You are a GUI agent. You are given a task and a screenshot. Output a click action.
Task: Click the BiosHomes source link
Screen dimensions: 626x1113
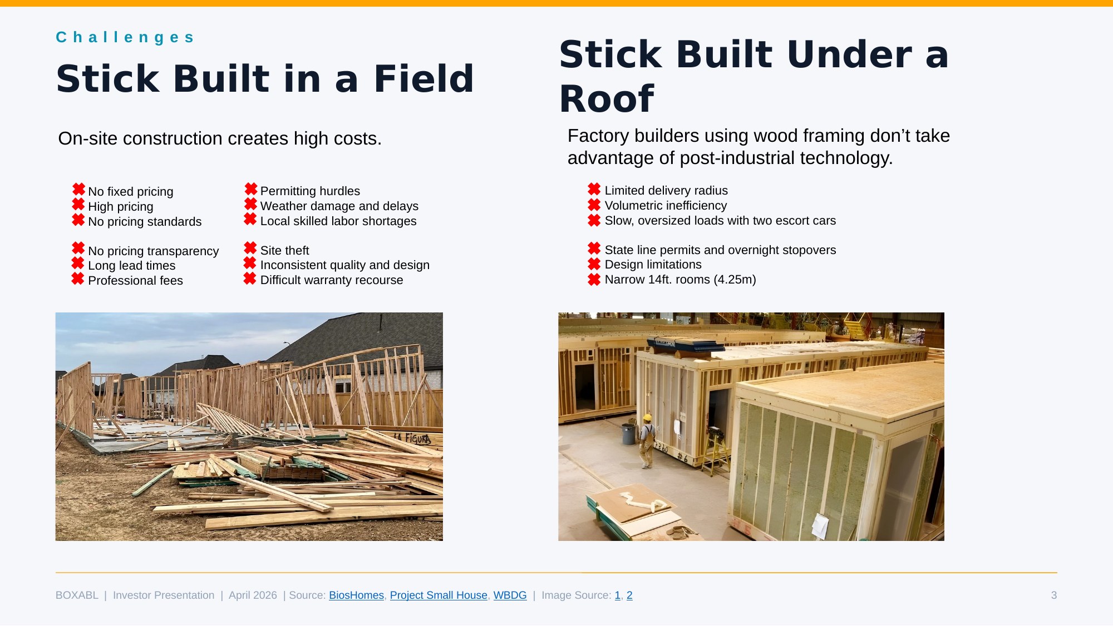point(356,595)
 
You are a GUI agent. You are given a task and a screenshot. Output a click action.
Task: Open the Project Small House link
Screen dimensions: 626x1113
point(439,595)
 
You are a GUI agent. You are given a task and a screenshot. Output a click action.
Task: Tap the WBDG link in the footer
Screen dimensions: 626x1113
point(510,595)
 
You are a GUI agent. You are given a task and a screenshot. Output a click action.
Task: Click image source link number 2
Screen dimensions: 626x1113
point(629,595)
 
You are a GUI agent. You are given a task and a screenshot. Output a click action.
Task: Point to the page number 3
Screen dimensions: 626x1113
point(1053,595)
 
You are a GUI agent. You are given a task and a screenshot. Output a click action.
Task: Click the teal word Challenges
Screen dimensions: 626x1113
point(125,37)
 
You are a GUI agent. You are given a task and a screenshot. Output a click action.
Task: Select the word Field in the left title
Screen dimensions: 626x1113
point(423,78)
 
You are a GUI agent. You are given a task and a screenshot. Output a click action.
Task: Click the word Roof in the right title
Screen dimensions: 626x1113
point(607,99)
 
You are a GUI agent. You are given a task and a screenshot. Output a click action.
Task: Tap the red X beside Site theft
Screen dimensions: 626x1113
point(250,248)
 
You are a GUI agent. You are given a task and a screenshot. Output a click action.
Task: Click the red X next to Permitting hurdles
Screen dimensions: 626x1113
point(251,189)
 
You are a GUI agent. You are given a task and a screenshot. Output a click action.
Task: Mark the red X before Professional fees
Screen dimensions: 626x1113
point(78,279)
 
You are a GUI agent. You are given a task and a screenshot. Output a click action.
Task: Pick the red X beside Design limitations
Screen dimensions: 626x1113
point(594,264)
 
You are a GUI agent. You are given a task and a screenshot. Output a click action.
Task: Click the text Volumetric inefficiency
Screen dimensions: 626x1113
point(666,206)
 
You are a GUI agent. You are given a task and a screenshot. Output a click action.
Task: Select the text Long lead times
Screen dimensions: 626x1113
point(131,266)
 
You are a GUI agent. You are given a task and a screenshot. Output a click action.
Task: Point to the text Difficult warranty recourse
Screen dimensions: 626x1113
point(332,280)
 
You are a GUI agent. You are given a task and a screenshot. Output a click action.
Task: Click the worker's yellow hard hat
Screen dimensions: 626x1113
point(647,418)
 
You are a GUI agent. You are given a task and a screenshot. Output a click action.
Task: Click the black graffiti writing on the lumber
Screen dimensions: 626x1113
point(413,439)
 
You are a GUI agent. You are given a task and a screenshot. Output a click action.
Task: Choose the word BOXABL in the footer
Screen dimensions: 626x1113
point(77,595)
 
